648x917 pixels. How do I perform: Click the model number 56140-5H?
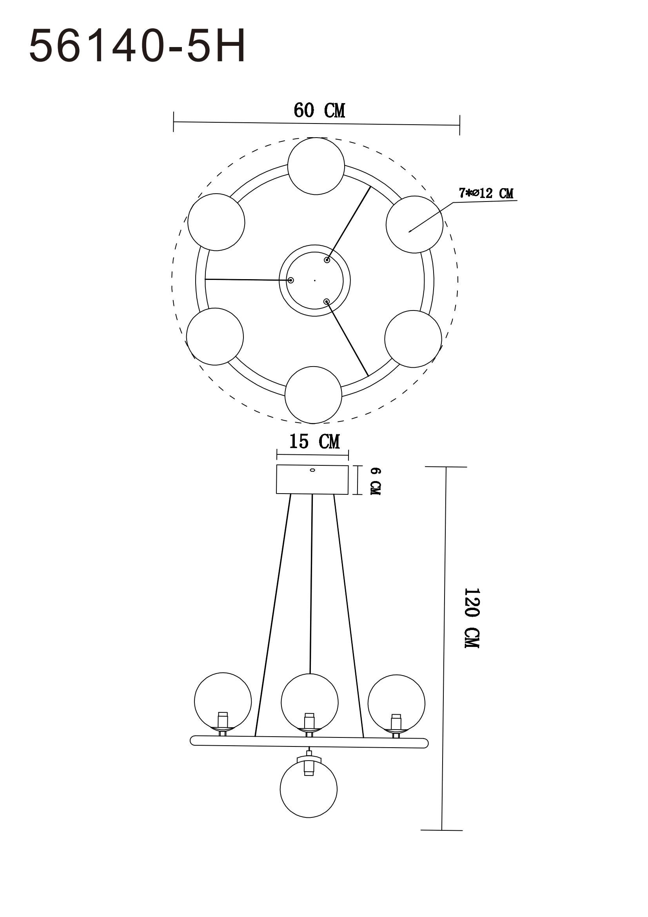click(x=137, y=47)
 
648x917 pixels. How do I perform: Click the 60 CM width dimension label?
click(x=319, y=111)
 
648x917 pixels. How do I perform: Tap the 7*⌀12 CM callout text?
click(x=485, y=194)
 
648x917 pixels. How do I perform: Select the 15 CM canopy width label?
click(x=314, y=442)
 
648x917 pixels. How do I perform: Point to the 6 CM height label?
click(x=375, y=481)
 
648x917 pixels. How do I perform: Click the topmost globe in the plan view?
click(x=316, y=166)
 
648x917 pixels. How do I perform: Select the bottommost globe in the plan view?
click(x=314, y=395)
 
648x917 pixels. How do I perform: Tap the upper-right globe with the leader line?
click(x=414, y=225)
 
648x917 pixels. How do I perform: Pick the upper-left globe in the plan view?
click(x=216, y=222)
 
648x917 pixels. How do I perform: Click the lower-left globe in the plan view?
click(x=215, y=336)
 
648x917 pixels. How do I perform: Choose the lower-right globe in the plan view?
click(x=413, y=339)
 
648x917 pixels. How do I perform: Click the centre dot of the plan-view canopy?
click(x=315, y=280)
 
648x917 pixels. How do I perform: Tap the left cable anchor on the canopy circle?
click(x=291, y=280)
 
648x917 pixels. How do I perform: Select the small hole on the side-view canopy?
click(x=312, y=470)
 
